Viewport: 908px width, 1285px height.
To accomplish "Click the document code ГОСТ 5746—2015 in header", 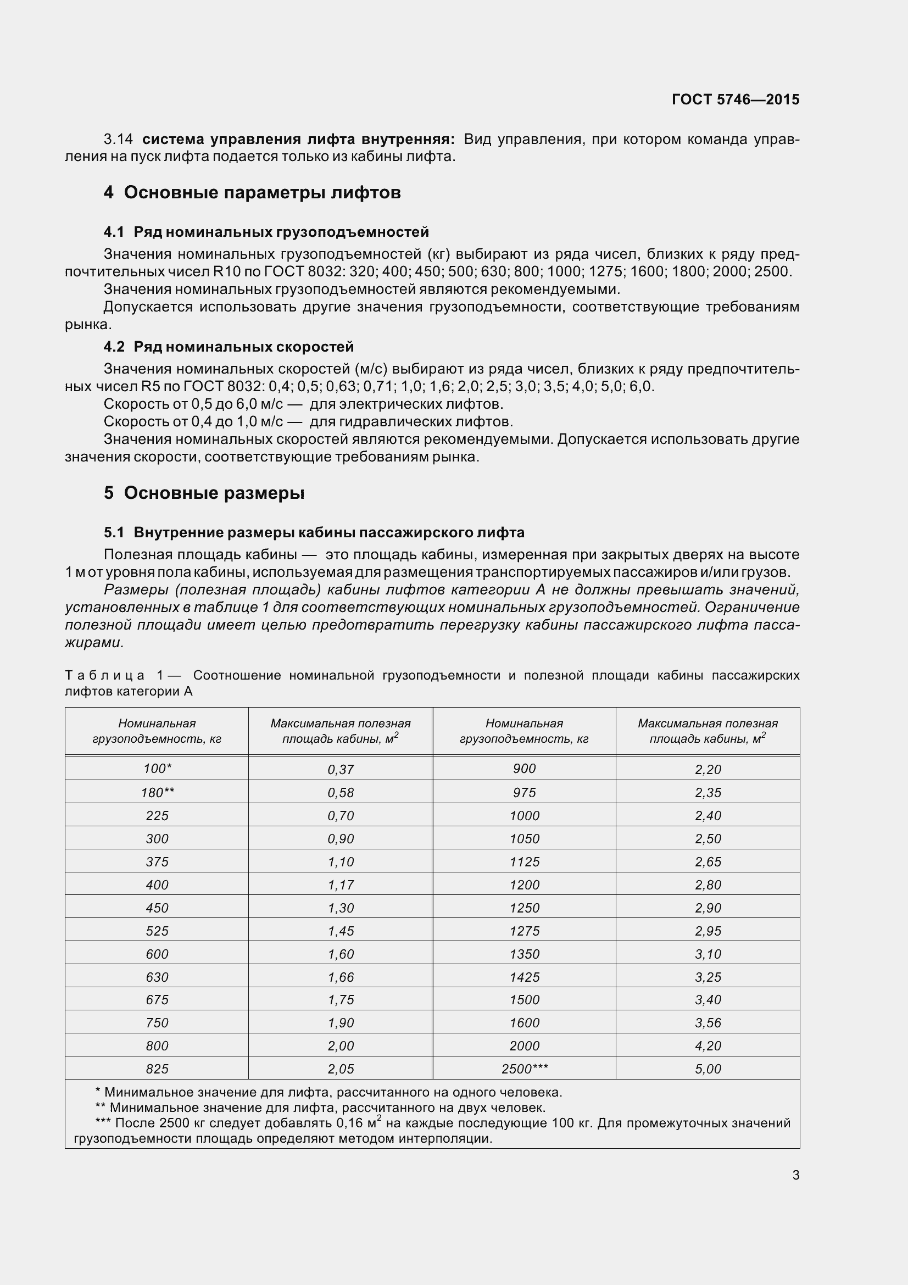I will pyautogui.click(x=735, y=99).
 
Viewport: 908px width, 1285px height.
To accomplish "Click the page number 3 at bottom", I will pyautogui.click(x=795, y=1175).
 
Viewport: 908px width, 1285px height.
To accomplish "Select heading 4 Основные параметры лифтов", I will pyautogui.click(x=252, y=192).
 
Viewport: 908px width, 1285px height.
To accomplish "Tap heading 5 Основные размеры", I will pyautogui.click(x=204, y=493).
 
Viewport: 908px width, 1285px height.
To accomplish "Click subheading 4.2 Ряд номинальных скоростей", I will pyautogui.click(x=229, y=347).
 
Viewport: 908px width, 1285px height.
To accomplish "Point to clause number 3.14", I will pyautogui.click(x=118, y=140).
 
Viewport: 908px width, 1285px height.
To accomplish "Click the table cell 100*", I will pyautogui.click(x=157, y=769).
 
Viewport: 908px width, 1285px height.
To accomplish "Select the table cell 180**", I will pyautogui.click(x=157, y=793).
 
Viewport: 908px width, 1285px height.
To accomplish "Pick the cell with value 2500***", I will pyautogui.click(x=524, y=1069).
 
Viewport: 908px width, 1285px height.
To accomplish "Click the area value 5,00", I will pyautogui.click(x=708, y=1069).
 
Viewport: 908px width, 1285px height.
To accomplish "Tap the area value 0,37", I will pyautogui.click(x=341, y=770).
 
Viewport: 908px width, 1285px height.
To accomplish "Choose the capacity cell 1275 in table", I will pyautogui.click(x=524, y=931).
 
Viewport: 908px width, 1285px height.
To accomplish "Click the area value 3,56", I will pyautogui.click(x=708, y=1023).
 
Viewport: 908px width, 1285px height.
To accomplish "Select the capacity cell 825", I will pyautogui.click(x=157, y=1069).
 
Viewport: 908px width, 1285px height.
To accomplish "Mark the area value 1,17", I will pyautogui.click(x=341, y=885).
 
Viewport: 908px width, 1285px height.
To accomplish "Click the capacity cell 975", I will pyautogui.click(x=524, y=793).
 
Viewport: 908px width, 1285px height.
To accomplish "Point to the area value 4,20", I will pyautogui.click(x=708, y=1046).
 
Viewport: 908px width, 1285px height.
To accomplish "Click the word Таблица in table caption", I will pyautogui.click(x=104, y=676).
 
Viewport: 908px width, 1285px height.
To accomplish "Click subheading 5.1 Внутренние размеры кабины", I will pyautogui.click(x=314, y=532).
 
